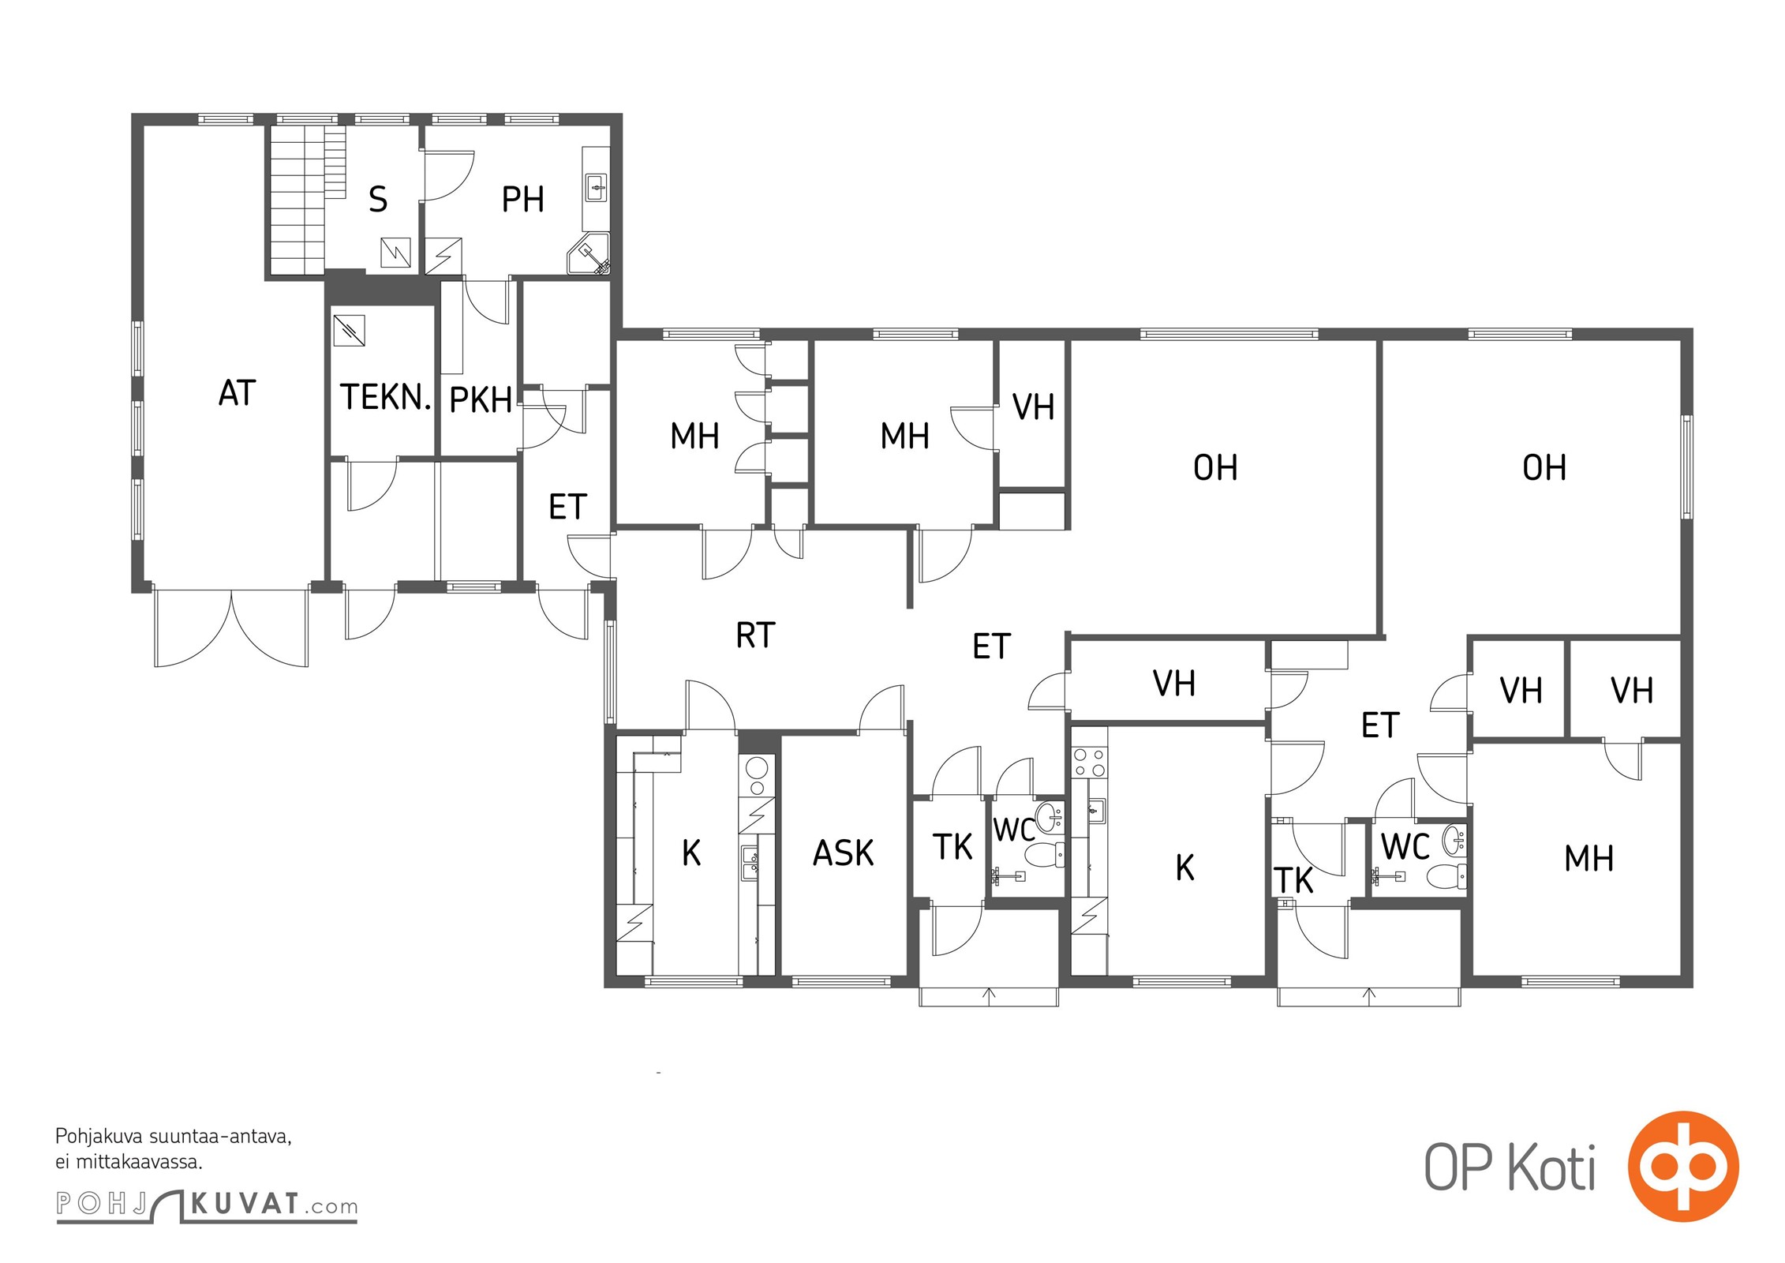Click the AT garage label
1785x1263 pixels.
tap(238, 393)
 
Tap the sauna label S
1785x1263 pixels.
tap(378, 199)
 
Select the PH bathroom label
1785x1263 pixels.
tap(522, 199)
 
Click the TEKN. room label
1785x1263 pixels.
tap(386, 397)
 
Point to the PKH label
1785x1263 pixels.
tap(481, 400)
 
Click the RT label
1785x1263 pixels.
tap(755, 635)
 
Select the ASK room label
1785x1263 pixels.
tap(844, 853)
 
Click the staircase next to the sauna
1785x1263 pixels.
tap(307, 200)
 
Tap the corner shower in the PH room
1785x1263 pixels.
tap(590, 253)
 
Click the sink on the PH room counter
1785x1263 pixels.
tap(597, 188)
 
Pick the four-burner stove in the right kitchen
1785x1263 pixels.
tap(1089, 762)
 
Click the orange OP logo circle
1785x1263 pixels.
tap(1683, 1166)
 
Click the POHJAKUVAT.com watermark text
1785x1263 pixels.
tap(207, 1205)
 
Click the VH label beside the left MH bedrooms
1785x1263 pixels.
tap(1033, 407)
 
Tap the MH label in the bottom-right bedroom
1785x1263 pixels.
tap(1589, 859)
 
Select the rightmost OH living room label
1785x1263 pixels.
tap(1544, 468)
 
